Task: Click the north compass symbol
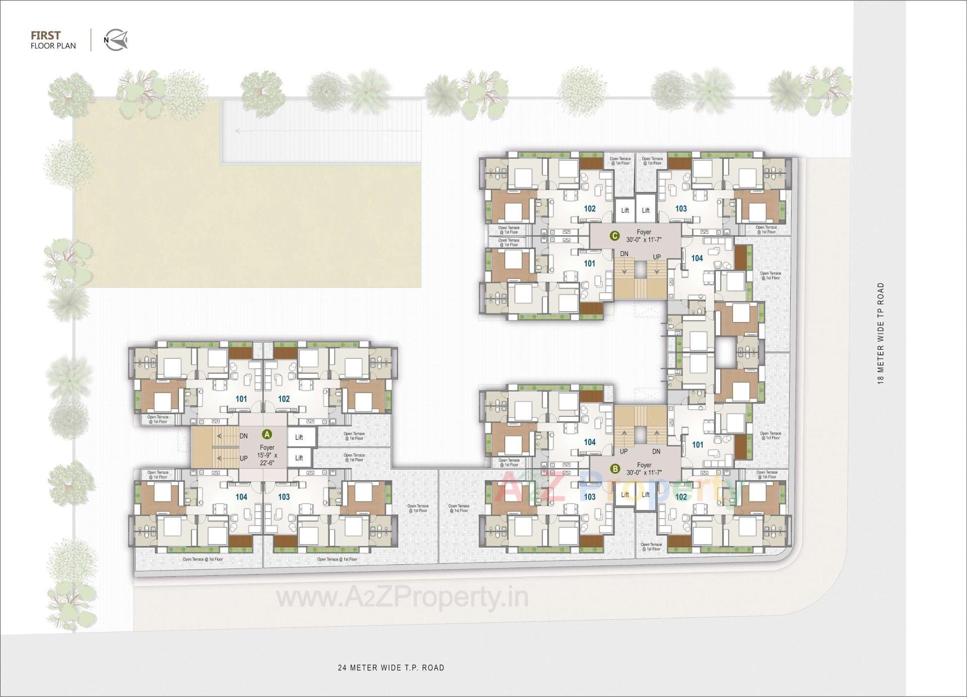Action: coord(116,40)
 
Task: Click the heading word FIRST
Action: coord(45,35)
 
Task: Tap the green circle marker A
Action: coord(267,434)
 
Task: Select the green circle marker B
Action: coord(614,469)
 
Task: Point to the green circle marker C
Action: coord(614,236)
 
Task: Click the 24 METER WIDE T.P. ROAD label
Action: coord(391,668)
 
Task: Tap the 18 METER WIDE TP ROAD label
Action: coord(881,333)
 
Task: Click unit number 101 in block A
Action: coord(241,399)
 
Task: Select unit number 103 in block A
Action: coord(284,497)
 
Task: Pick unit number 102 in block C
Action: coord(589,209)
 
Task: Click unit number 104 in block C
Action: coord(697,258)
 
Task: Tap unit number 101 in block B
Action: coord(698,445)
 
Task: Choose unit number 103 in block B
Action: coord(589,497)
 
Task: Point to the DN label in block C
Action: coord(624,254)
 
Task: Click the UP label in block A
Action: coord(244,459)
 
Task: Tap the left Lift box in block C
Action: coord(625,210)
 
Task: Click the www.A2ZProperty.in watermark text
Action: coord(402,598)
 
